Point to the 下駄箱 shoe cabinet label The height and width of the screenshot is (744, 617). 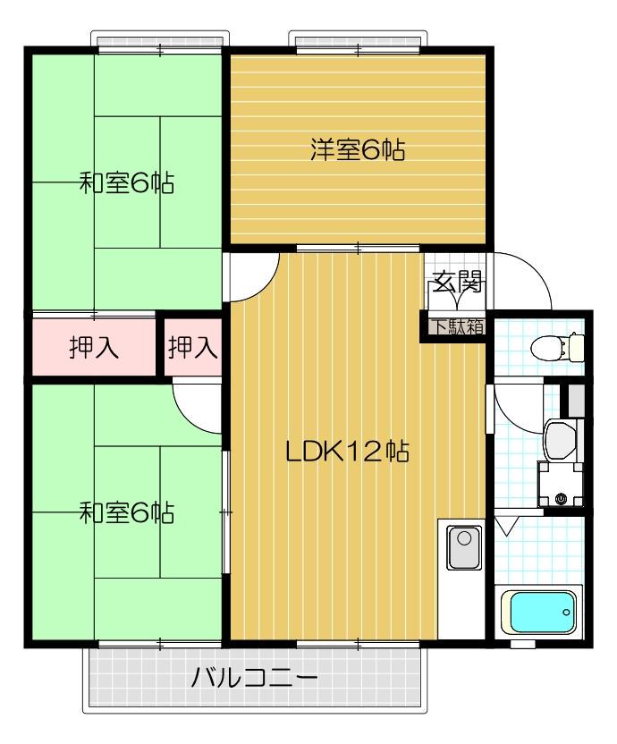458,326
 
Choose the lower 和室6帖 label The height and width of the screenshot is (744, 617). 126,513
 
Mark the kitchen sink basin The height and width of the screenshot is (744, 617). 464,547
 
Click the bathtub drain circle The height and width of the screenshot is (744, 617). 567,613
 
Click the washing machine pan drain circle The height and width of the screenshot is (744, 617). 562,499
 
